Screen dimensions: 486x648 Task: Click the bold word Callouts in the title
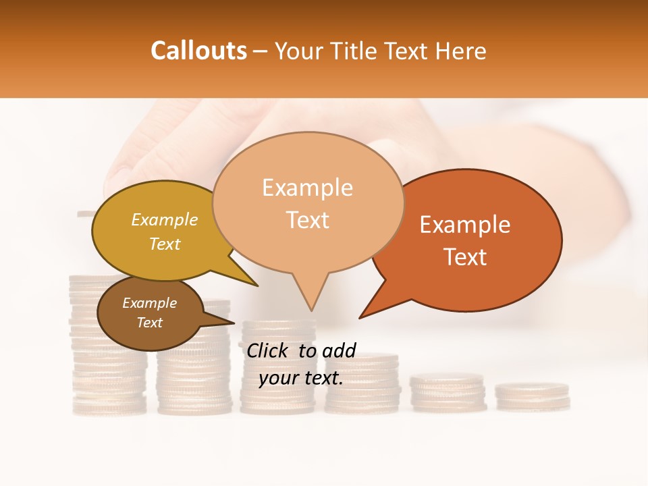[198, 51]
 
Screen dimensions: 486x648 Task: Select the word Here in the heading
[461, 51]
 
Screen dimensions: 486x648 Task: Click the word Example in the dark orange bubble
[465, 225]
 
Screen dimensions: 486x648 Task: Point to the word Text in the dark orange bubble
[465, 257]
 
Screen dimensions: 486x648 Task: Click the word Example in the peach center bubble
[307, 188]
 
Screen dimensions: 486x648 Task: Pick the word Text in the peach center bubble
[307, 220]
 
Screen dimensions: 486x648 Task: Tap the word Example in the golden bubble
[164, 219]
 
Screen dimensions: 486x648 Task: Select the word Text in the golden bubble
[164, 244]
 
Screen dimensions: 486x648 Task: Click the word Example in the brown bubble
[149, 303]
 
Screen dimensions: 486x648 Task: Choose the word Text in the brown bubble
[149, 323]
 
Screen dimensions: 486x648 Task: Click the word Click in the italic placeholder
[269, 350]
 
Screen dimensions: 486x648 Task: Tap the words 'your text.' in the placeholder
[301, 378]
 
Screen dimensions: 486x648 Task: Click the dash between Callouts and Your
[261, 51]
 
